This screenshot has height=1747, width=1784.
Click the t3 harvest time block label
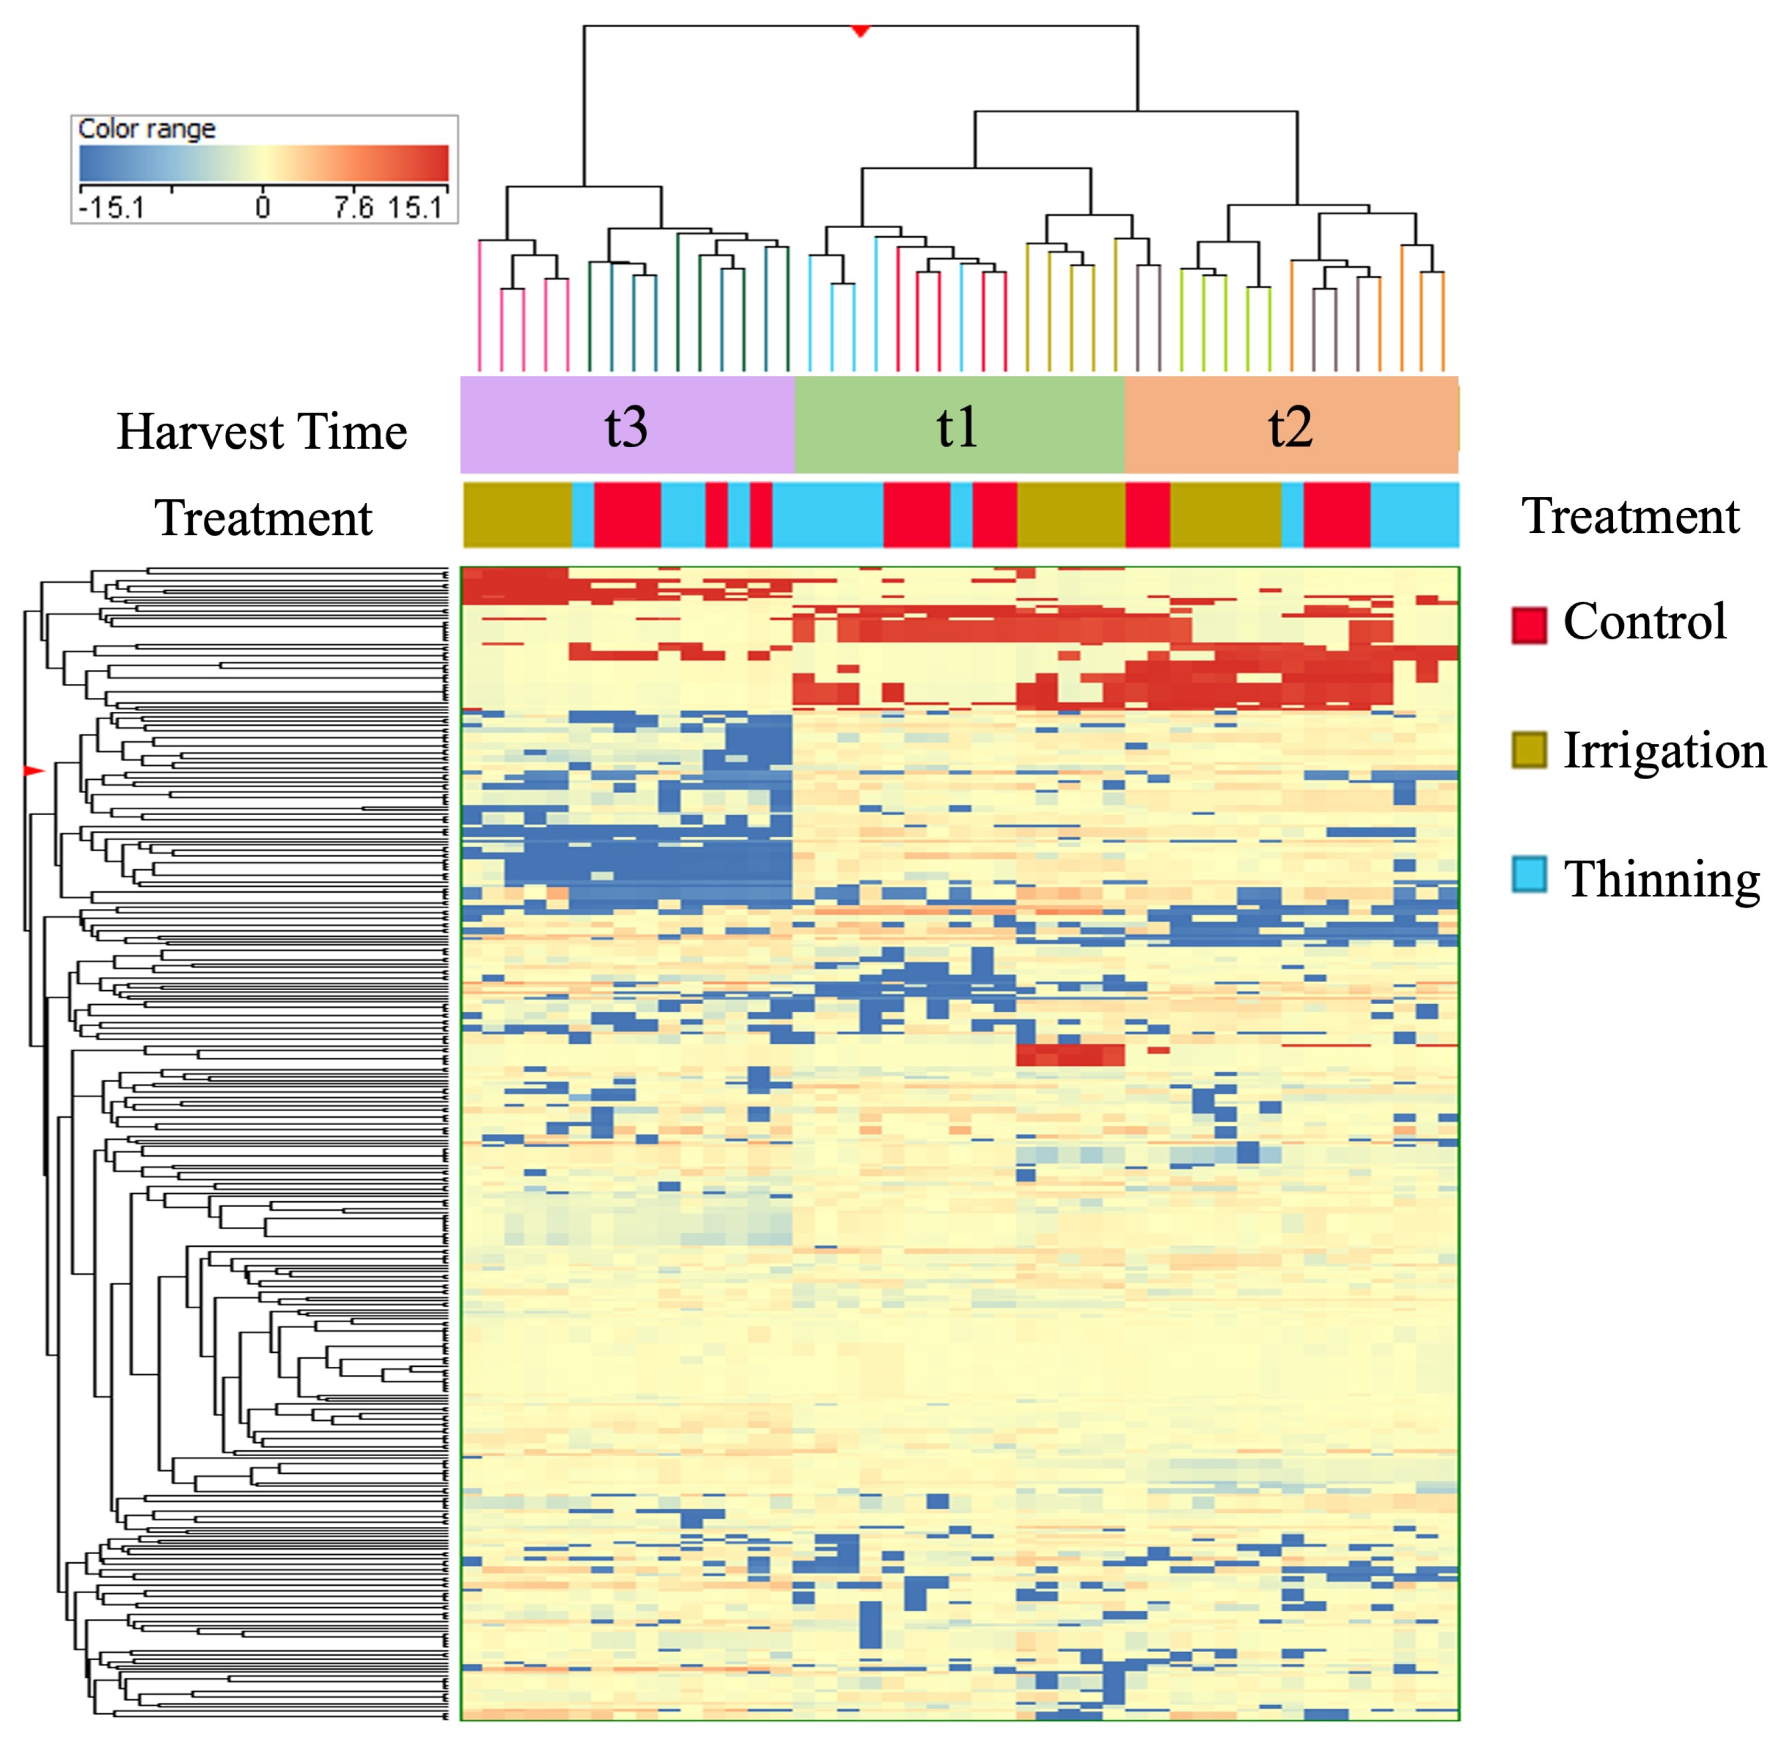tap(626, 427)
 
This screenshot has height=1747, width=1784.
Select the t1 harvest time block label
tap(956, 427)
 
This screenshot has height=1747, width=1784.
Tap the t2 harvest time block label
tap(1289, 427)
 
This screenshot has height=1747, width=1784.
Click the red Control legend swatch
tap(1528, 625)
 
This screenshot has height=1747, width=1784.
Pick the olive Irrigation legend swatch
tap(1528, 750)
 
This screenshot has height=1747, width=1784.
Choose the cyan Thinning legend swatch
tap(1528, 875)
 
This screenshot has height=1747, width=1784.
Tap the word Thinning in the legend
tap(1661, 879)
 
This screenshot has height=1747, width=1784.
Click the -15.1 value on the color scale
tap(111, 207)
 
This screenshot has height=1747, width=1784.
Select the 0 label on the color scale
tap(262, 207)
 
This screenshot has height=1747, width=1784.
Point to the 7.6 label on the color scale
tap(353, 207)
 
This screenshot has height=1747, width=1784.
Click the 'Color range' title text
tap(147, 129)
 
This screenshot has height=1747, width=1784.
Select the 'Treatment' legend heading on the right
tap(1630, 516)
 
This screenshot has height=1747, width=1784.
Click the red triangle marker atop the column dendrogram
tap(860, 31)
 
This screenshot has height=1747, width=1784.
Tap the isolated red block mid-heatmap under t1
tap(1069, 1055)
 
